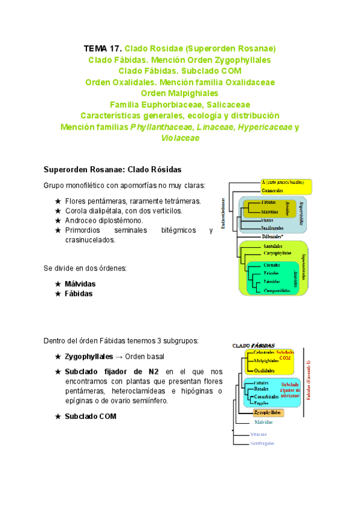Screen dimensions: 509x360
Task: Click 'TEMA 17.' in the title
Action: pyautogui.click(x=103, y=48)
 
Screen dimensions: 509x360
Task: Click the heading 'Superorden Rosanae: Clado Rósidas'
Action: pyautogui.click(x=113, y=169)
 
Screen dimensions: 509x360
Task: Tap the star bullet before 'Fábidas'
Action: pyautogui.click(x=58, y=294)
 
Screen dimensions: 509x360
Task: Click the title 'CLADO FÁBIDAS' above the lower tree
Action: pyautogui.click(x=253, y=346)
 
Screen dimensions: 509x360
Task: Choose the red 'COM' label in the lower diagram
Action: pyautogui.click(x=285, y=358)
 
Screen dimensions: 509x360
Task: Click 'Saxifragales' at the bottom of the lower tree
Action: pyautogui.click(x=262, y=443)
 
